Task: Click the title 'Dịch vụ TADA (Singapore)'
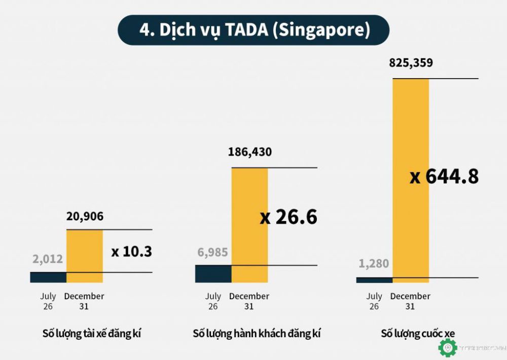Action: [253, 30]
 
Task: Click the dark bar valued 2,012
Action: [48, 277]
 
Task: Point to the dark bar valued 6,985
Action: [213, 273]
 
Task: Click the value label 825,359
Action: [411, 63]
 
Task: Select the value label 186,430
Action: [249, 152]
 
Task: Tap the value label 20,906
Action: [85, 217]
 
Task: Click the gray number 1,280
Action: [374, 264]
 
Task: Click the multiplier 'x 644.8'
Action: [444, 176]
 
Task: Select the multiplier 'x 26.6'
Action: [288, 217]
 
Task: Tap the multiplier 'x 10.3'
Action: [131, 251]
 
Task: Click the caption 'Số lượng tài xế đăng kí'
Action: [92, 334]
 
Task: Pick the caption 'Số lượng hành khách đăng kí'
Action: [257, 334]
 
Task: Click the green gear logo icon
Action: [448, 348]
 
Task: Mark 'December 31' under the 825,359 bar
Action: [410, 301]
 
